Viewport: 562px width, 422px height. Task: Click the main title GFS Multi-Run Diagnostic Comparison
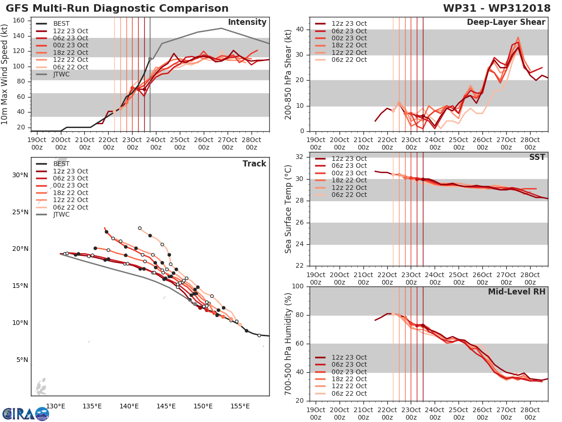point(117,8)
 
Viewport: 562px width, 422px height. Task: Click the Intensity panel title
point(247,23)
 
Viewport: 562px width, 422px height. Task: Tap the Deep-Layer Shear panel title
point(506,23)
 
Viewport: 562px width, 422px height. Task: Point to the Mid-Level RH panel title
point(517,292)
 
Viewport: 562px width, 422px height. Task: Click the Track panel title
point(254,164)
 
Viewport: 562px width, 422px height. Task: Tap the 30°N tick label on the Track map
point(20,175)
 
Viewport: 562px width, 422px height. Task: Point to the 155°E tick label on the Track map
point(240,406)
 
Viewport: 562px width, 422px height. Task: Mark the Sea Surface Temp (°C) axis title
point(288,209)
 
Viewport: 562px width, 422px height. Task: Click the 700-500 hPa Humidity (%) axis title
point(288,344)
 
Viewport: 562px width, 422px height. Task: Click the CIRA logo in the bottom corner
point(26,414)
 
